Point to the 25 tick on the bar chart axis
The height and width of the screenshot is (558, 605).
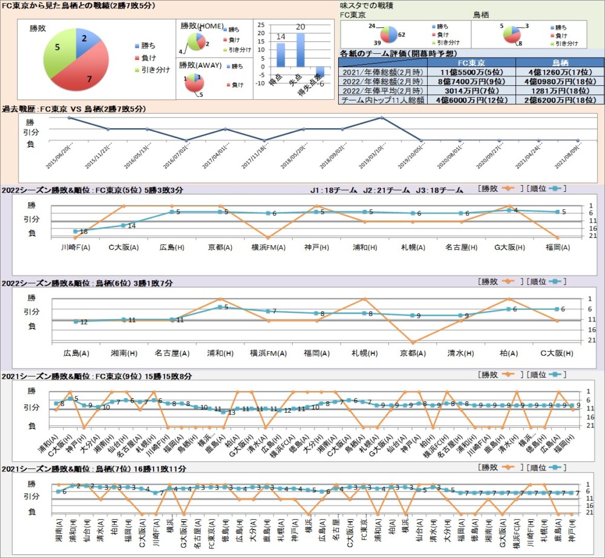[261, 25]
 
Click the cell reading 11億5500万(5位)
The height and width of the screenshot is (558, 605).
[471, 71]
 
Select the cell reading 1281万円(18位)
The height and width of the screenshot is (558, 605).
[560, 90]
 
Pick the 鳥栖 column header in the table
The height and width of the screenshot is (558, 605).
[560, 62]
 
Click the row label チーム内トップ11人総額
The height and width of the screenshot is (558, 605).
[383, 100]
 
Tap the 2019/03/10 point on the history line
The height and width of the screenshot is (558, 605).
[382, 117]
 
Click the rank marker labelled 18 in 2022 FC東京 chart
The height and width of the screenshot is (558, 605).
[76, 231]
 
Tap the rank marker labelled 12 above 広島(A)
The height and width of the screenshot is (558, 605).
[76, 321]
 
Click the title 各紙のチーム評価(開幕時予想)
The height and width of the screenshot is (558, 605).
[395, 53]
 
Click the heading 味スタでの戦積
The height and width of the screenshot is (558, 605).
[367, 5]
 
